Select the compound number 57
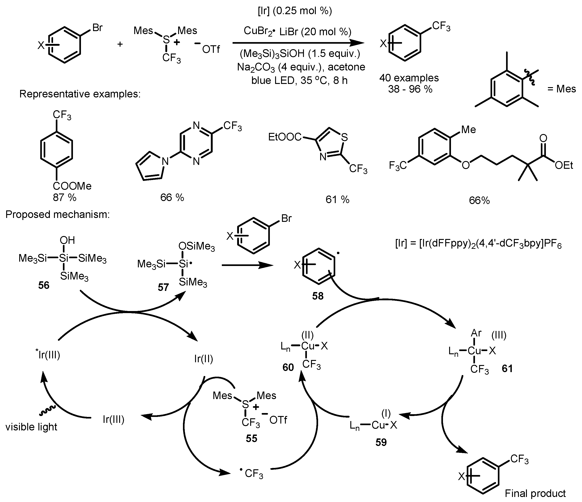coord(163,287)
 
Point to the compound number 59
coord(381,443)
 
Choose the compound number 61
coord(507,368)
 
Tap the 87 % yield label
coord(65,198)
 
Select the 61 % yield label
coord(337,199)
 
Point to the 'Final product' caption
coord(535,493)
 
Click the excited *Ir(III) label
coord(48,355)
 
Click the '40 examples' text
coord(409,78)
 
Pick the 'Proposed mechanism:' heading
coord(57,215)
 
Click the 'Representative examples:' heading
coord(80,94)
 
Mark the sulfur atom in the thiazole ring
coord(344,137)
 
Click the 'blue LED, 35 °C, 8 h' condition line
coord(299,81)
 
